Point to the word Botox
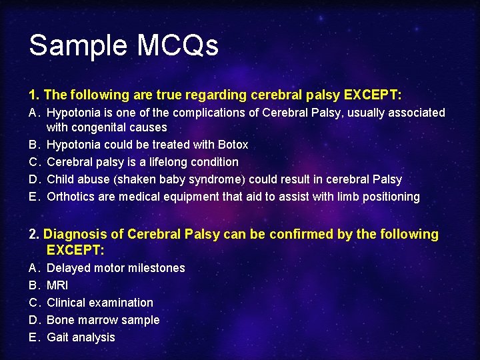(233, 145)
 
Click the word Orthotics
(73, 197)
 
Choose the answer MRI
(57, 285)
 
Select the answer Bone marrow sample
(103, 320)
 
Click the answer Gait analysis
(81, 337)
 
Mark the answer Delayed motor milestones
(116, 268)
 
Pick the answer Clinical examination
(99, 303)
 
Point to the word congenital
(99, 127)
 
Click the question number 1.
(33, 95)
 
